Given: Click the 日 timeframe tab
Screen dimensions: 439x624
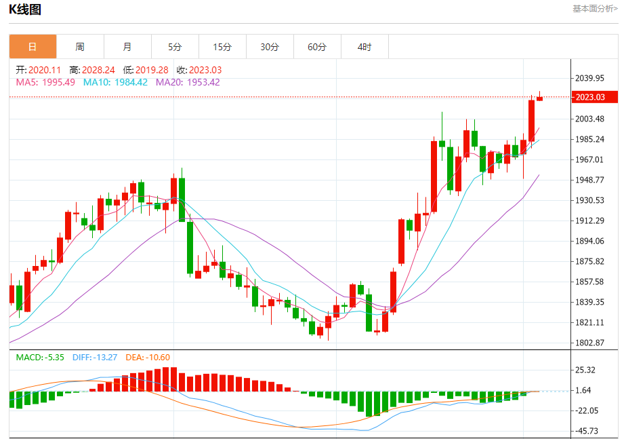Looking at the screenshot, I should (x=33, y=47).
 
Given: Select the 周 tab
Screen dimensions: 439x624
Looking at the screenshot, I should (x=80, y=47).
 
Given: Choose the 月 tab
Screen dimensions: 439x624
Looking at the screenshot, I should (x=127, y=47).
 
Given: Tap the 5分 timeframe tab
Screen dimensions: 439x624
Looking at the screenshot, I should (x=175, y=47).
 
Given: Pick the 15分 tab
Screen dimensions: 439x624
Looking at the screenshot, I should (x=222, y=47).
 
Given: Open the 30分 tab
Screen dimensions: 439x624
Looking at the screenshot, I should (x=270, y=47).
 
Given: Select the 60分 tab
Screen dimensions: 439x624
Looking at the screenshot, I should (x=317, y=47).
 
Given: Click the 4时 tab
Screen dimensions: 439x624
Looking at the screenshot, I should (x=365, y=47).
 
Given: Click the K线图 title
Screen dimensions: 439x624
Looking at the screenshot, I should (x=24, y=9).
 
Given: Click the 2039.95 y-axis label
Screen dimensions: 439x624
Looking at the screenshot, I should (x=589, y=78).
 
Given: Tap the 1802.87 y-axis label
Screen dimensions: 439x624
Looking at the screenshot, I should (x=589, y=343).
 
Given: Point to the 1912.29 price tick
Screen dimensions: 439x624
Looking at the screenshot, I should (x=589, y=221).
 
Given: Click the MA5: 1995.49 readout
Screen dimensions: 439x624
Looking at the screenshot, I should (x=45, y=82).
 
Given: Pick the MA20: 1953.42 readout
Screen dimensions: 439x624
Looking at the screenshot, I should (x=188, y=82).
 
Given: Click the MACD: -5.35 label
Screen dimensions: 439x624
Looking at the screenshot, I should (x=40, y=357).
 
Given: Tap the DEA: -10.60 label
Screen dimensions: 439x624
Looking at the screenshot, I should (x=148, y=357).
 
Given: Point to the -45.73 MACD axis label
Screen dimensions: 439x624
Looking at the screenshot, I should (x=587, y=431).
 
